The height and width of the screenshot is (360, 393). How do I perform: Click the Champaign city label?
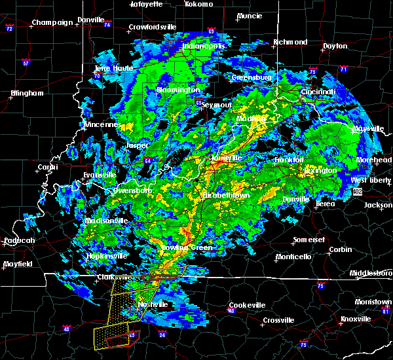(53, 22)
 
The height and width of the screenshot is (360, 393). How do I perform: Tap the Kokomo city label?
(199, 4)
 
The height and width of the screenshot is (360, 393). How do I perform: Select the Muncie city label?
(249, 16)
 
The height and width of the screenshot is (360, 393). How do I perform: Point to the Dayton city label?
(335, 46)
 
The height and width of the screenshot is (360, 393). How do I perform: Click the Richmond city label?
(290, 43)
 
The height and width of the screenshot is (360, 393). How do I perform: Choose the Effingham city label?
(26, 93)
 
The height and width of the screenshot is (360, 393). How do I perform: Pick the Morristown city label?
(374, 302)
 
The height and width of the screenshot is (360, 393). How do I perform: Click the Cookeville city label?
(247, 306)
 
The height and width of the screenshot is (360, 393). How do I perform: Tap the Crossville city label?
(278, 320)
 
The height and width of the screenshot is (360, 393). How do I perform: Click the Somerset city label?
(309, 240)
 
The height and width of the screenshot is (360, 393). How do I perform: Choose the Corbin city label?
(341, 249)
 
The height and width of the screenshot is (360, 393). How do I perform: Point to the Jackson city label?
(379, 205)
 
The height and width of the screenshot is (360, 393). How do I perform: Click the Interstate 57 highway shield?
(26, 63)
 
